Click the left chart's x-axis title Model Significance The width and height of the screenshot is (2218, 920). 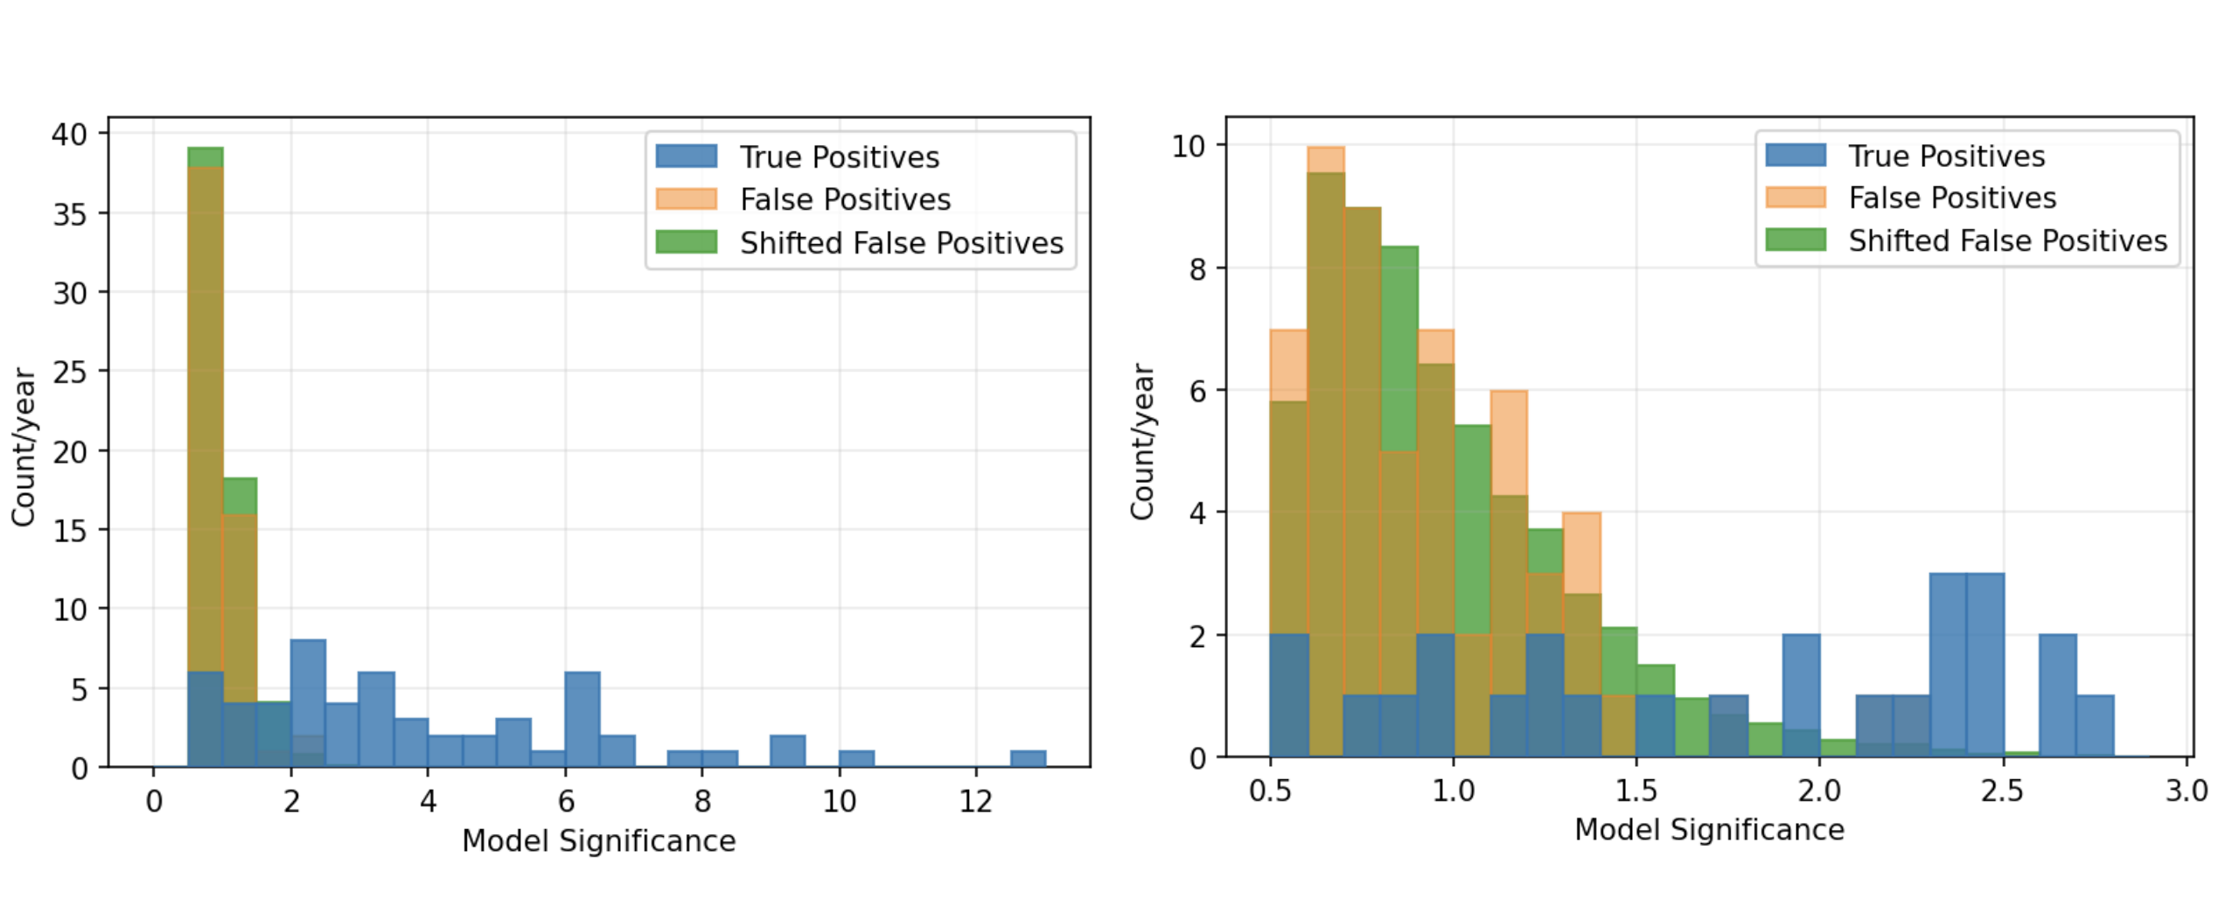coord(598,840)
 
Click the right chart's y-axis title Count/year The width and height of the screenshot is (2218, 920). coord(1141,442)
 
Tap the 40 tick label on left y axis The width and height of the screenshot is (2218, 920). coord(70,135)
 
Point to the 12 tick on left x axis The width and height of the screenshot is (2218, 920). coord(976,800)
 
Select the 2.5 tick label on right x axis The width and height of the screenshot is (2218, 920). coord(2002,791)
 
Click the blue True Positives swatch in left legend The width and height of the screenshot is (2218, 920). coord(687,157)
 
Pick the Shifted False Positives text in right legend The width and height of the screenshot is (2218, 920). coord(2007,240)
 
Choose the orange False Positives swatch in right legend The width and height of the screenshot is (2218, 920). coord(1796,198)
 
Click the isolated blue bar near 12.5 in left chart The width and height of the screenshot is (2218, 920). coord(1028,758)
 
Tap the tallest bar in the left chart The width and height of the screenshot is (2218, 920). coord(206,455)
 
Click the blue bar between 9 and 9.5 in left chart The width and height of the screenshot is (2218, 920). coord(787,750)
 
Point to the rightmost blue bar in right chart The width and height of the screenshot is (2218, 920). coord(2095,726)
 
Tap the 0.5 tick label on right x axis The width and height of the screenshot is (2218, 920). coord(1270,791)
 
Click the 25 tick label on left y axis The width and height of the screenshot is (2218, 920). coord(70,373)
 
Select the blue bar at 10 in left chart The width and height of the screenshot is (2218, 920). coord(856,758)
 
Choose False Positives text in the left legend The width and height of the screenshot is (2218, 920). coord(845,199)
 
